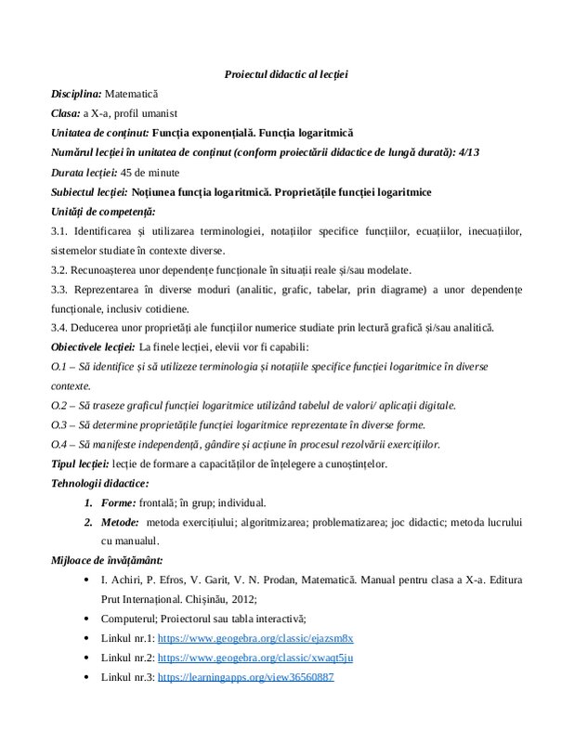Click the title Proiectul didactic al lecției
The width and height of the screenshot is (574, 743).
point(286,73)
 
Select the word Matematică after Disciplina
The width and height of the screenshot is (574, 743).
point(132,94)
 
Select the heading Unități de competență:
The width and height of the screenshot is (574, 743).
point(96,212)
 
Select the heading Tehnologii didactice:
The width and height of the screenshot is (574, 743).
point(98,483)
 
